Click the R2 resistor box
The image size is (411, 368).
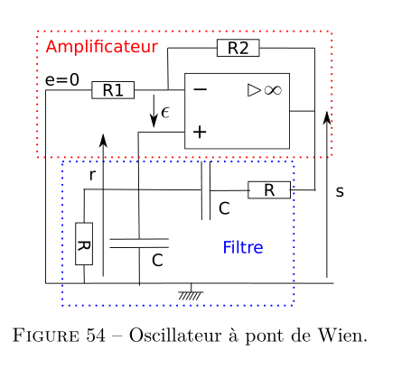pos(238,48)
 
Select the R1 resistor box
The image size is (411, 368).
pos(113,90)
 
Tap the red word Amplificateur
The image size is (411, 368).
pos(102,47)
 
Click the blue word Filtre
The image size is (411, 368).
pos(243,247)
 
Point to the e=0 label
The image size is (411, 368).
pos(62,80)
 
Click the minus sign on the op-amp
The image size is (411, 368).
pos(201,89)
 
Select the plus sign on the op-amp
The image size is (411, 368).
pos(200,132)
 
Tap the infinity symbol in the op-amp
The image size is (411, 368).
pos(273,90)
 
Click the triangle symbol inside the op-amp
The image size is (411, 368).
pos(254,90)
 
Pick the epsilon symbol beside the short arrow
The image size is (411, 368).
pos(165,113)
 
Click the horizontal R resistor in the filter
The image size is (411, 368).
pos(269,190)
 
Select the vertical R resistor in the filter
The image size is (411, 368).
pos(84,244)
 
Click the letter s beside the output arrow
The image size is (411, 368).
pos(340,191)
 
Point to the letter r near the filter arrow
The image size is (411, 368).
pos(92,175)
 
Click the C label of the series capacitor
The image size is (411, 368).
pos(224,208)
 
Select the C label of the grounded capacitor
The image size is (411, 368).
pos(157,261)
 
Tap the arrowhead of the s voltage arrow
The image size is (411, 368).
pos(327,117)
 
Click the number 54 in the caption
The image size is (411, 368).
pos(96,335)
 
